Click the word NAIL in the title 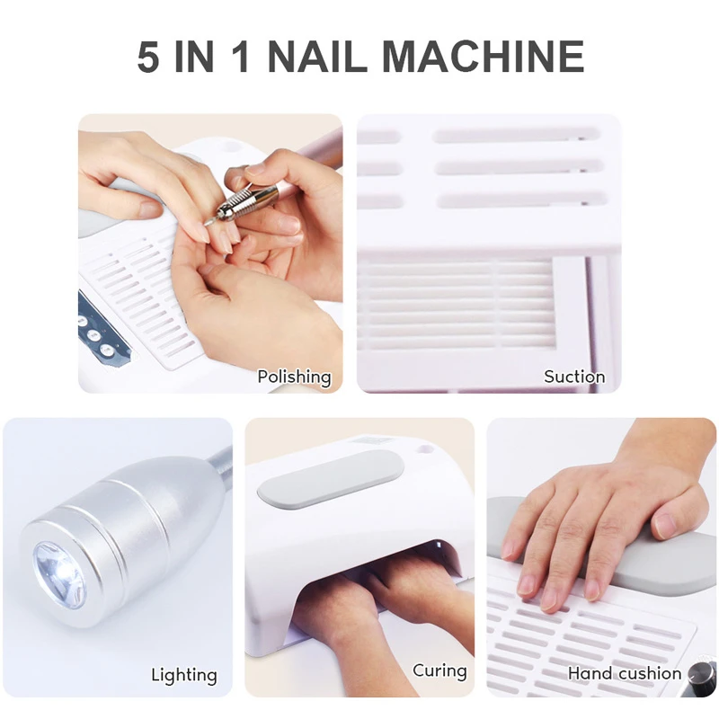tap(317, 56)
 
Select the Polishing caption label tap(294, 377)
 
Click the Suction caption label tap(573, 377)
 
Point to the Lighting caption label tap(183, 674)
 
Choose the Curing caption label tap(439, 670)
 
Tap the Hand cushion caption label tap(624, 673)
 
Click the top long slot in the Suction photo tap(516, 135)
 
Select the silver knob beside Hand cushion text tap(701, 673)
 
